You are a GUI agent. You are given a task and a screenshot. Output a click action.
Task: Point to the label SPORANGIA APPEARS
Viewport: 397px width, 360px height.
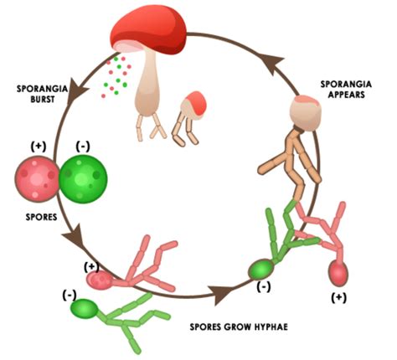346,90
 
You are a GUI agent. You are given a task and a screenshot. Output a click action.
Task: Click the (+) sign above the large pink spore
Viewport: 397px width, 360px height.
39,145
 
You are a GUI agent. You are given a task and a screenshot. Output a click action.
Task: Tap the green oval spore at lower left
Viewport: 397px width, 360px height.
83,307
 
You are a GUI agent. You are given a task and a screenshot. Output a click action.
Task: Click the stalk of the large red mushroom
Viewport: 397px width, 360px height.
150,92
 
